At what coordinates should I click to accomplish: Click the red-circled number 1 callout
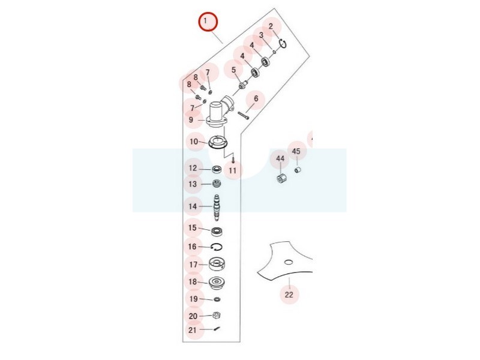point(208,22)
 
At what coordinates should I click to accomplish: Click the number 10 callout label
point(194,142)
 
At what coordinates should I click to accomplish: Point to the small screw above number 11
point(233,160)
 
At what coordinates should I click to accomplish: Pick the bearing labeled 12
point(217,169)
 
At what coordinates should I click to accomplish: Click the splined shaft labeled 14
point(217,207)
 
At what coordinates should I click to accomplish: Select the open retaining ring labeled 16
point(217,247)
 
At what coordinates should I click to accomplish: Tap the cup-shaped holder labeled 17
point(217,264)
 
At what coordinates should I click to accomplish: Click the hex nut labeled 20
point(217,316)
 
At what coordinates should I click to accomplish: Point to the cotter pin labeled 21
point(217,329)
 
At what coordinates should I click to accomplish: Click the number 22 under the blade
point(289,295)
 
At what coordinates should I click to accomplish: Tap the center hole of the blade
point(289,262)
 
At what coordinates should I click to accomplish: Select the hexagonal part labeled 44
point(281,178)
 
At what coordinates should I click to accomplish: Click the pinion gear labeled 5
point(242,85)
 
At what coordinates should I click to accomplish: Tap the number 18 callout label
point(193,281)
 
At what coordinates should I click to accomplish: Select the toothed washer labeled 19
point(217,299)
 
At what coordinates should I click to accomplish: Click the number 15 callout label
point(192,228)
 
